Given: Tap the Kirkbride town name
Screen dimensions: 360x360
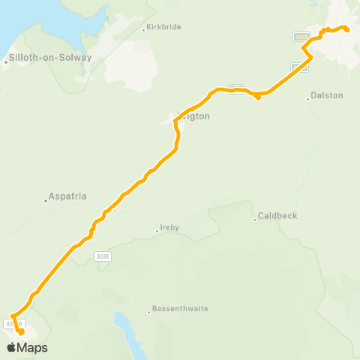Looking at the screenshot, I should [x=163, y=29].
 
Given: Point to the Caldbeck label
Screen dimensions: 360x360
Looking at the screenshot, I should [x=277, y=216].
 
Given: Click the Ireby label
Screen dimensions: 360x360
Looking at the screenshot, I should [x=170, y=228].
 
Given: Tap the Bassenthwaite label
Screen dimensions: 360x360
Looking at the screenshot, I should [x=180, y=308].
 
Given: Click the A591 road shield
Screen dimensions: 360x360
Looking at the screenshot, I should [x=104, y=256].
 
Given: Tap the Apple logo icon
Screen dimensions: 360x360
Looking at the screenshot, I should [x=12, y=347].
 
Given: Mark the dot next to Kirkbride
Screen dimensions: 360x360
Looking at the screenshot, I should [x=143, y=30].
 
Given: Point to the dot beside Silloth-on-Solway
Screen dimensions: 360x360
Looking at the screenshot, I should [x=6, y=62].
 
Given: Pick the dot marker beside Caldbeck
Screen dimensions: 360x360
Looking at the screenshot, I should [x=256, y=220].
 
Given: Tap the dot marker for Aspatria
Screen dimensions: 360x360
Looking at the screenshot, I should [x=45, y=200].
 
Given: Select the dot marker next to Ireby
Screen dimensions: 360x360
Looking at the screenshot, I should [x=157, y=231].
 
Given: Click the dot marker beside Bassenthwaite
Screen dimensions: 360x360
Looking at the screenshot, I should [x=148, y=312].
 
